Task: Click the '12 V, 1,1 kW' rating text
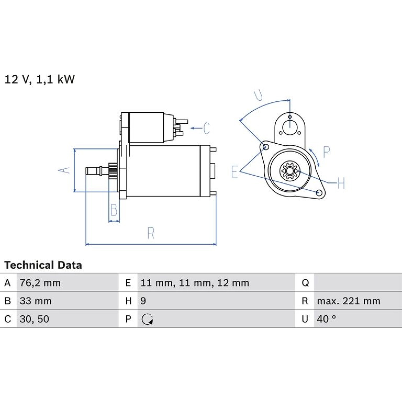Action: click(x=40, y=79)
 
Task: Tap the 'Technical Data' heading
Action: click(x=43, y=265)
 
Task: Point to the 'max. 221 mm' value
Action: click(x=349, y=301)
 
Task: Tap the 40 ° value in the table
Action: click(x=326, y=319)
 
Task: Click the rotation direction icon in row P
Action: click(x=147, y=319)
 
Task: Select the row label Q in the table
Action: click(x=305, y=283)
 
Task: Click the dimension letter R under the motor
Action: click(x=151, y=233)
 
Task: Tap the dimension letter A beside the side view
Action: click(x=64, y=170)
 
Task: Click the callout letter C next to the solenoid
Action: click(x=207, y=128)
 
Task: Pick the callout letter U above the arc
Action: click(x=258, y=95)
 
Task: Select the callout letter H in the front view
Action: click(x=341, y=183)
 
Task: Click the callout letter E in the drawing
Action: click(x=235, y=172)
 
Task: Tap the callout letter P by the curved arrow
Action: click(x=326, y=152)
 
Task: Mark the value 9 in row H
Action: click(x=143, y=301)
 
